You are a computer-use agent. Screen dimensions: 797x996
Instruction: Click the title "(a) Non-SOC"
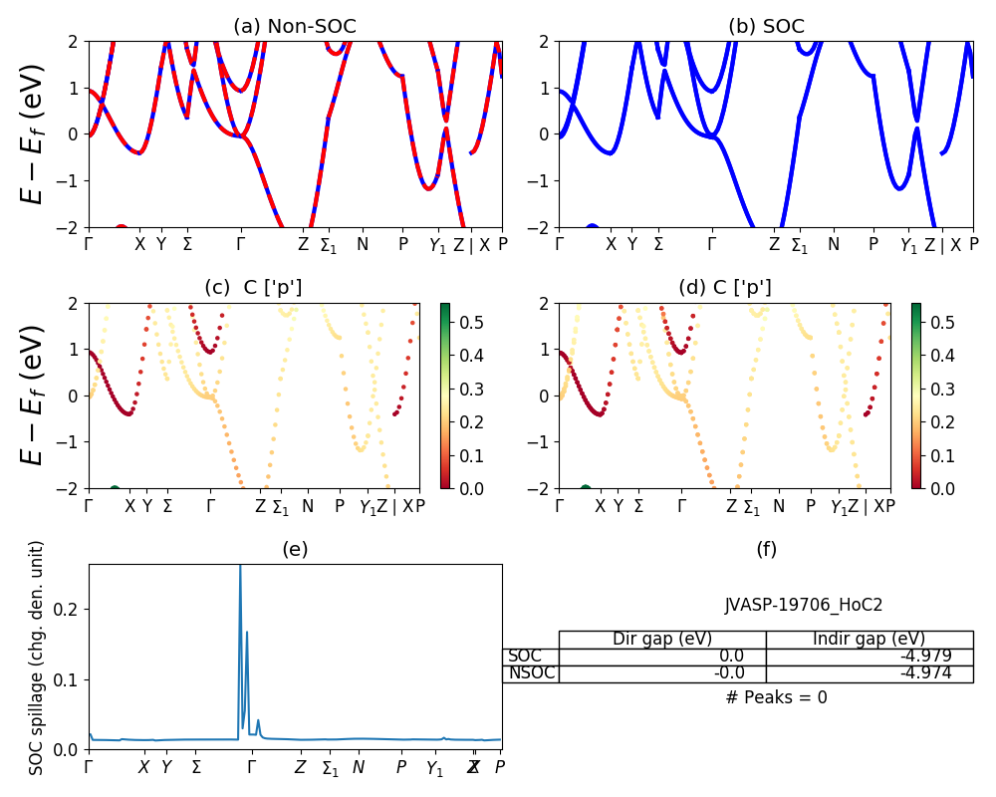point(295,27)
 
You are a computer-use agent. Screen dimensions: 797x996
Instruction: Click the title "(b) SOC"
point(766,27)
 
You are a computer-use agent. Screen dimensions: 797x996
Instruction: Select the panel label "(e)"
point(295,549)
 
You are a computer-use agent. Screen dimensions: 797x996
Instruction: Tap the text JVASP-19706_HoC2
point(803,605)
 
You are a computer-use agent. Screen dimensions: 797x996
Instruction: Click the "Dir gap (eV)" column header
point(662,640)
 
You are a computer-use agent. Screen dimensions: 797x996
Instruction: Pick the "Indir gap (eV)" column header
point(869,640)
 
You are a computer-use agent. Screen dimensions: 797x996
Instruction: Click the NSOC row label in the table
point(531,673)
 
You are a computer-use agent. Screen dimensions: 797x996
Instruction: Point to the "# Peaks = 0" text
point(776,697)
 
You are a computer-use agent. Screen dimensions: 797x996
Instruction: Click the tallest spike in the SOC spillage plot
point(240,570)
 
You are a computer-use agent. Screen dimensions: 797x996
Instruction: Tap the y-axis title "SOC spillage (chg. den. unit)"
point(37,658)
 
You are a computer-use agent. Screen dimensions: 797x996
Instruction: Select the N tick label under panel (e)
point(359,768)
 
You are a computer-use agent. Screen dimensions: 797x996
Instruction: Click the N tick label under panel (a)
point(363,244)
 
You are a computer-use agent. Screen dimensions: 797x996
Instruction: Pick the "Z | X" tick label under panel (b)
point(942,244)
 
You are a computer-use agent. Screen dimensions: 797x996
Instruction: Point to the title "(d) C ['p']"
point(725,288)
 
